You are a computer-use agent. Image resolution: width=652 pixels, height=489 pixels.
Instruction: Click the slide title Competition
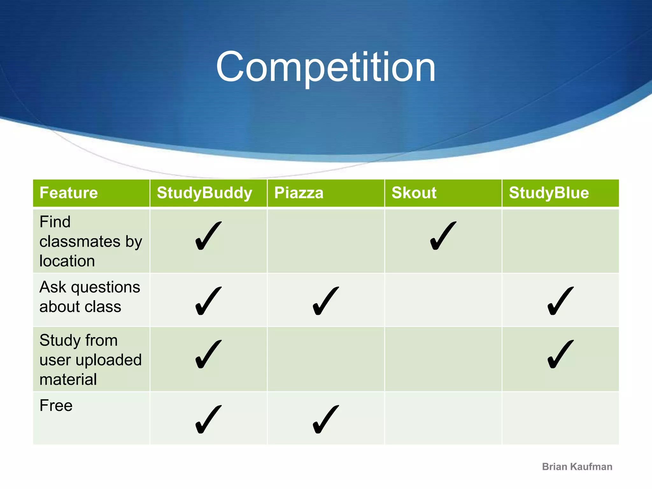(x=326, y=67)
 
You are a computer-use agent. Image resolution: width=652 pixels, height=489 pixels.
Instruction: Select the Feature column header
(x=68, y=193)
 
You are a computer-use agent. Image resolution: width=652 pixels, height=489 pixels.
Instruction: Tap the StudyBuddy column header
(x=204, y=193)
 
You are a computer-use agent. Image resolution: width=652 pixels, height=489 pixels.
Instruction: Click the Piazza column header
(x=299, y=193)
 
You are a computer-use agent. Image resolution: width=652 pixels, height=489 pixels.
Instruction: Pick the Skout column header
(x=414, y=193)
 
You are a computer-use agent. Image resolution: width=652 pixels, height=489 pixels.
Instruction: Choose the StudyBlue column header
(x=549, y=193)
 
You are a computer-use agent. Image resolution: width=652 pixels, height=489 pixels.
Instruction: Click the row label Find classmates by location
(x=90, y=241)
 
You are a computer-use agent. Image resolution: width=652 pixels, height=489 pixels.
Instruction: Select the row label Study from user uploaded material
(x=90, y=360)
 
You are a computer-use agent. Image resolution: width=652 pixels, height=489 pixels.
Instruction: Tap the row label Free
(x=56, y=406)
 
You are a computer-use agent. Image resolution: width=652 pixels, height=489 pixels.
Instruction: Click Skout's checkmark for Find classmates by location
(x=443, y=236)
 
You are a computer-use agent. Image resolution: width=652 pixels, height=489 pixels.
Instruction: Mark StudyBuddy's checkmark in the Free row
(x=208, y=419)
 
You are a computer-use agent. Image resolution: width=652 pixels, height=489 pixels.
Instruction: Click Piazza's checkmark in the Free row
(x=325, y=419)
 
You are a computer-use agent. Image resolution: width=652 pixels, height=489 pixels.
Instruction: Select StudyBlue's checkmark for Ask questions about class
(x=560, y=301)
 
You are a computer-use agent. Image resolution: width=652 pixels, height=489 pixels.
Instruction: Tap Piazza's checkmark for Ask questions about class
(x=325, y=301)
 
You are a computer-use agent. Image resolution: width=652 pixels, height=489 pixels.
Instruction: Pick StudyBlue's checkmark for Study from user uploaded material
(x=560, y=354)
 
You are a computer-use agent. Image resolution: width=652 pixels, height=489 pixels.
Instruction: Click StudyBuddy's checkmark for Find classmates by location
(x=208, y=236)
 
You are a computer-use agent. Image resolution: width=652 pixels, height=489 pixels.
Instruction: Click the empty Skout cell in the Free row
(x=443, y=418)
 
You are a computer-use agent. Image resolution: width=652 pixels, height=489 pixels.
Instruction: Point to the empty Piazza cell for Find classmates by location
(x=326, y=241)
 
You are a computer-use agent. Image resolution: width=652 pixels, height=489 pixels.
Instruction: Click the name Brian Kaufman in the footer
(x=577, y=467)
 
